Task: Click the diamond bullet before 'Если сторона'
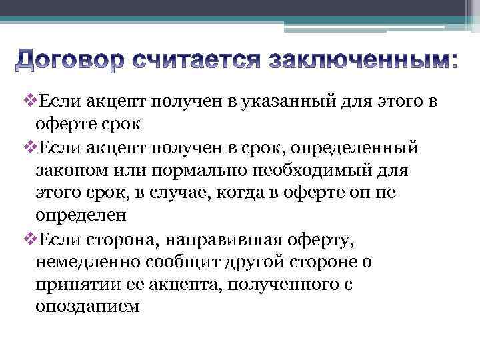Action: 27,239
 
